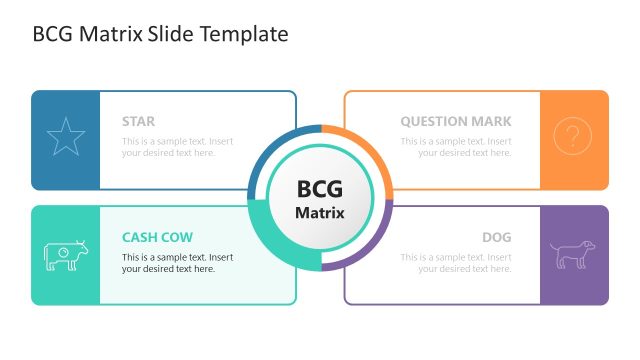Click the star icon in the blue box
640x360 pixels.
coord(66,137)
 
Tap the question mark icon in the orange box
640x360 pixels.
coord(572,137)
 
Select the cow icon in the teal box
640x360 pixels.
coord(66,255)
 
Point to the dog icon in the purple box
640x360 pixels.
coord(573,254)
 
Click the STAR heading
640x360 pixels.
coord(138,122)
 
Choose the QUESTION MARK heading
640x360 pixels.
coord(456,122)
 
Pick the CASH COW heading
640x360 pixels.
coord(158,238)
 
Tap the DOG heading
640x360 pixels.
coord(496,238)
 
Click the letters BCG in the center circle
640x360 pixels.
coord(320,189)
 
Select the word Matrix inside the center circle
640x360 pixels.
coord(320,213)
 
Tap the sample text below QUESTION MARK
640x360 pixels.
coord(456,147)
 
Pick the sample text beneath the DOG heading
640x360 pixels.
coord(456,263)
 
